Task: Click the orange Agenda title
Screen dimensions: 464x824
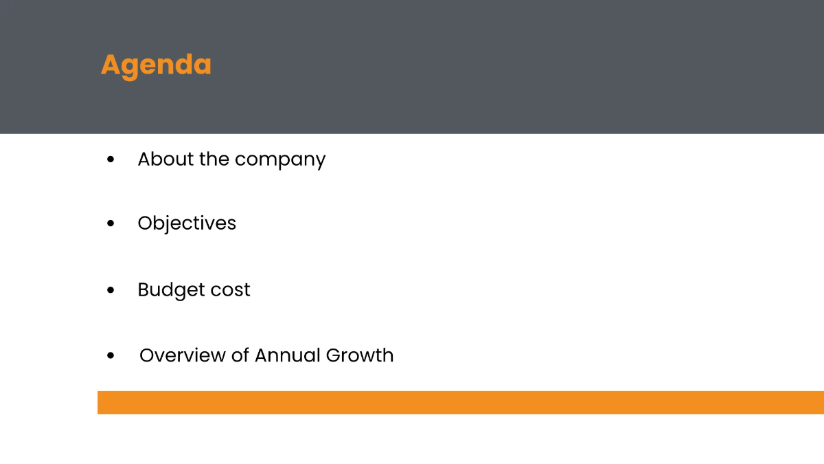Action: click(x=156, y=65)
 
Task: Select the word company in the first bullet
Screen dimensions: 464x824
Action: click(x=280, y=160)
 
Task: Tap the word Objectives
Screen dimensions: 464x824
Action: click(x=187, y=223)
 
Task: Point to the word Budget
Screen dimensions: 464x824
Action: click(x=165, y=290)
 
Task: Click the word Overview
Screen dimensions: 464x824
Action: click(x=181, y=355)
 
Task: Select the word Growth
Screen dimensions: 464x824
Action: click(x=360, y=355)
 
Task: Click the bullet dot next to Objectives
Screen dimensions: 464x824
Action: click(x=111, y=224)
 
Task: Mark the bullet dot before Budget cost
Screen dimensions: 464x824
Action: click(x=111, y=291)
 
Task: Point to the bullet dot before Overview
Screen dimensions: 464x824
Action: click(x=111, y=356)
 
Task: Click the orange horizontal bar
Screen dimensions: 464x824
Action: click(x=460, y=402)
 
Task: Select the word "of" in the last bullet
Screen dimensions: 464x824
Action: click(x=240, y=355)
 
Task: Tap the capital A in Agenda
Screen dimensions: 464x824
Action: click(x=110, y=65)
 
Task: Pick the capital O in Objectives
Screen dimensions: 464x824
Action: click(x=145, y=223)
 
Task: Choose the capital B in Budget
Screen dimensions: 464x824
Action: click(x=144, y=290)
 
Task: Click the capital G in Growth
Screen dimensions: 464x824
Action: click(x=334, y=355)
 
